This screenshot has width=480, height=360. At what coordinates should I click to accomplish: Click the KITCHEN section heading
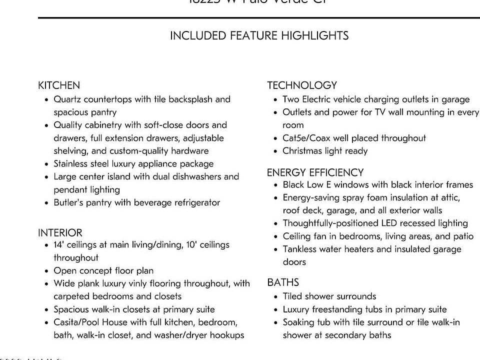click(59, 85)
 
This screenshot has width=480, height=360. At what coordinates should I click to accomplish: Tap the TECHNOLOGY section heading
click(302, 85)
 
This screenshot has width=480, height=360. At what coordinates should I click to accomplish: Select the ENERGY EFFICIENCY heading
click(315, 172)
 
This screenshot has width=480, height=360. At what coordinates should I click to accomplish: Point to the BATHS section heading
click(283, 282)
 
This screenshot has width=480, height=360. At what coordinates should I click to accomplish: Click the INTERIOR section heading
click(60, 233)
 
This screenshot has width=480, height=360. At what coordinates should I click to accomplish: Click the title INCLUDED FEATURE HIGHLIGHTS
click(259, 36)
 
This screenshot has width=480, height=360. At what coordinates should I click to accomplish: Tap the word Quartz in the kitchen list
click(67, 99)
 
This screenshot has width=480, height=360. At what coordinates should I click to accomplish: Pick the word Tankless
click(300, 249)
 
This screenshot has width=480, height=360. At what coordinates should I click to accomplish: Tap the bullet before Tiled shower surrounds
click(275, 297)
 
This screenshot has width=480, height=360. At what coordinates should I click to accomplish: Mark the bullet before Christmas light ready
click(275, 151)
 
